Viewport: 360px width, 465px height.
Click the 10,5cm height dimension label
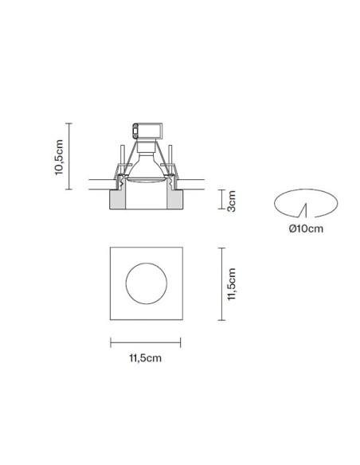tap(59, 157)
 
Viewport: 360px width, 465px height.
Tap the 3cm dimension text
tap(231, 201)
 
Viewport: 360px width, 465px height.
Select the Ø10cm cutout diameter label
tap(306, 229)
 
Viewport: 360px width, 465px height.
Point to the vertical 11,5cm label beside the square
tap(231, 284)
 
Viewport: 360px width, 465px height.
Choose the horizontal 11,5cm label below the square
tap(145, 358)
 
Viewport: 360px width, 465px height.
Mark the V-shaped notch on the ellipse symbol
tap(303, 211)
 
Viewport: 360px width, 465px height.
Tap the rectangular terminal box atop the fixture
tap(147, 131)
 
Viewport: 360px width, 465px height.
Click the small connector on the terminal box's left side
tap(135, 131)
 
